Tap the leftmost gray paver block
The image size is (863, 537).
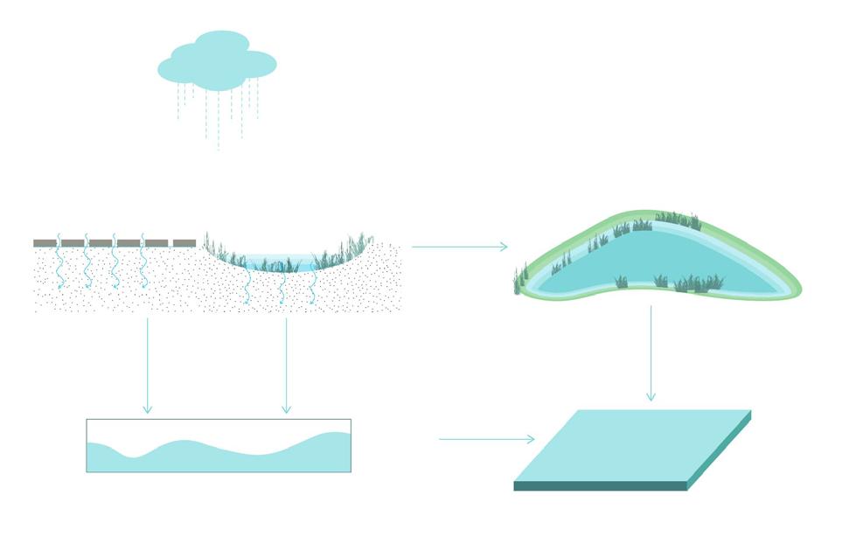click(x=45, y=242)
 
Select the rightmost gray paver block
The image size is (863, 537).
click(x=184, y=242)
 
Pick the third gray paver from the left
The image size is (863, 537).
click(x=101, y=242)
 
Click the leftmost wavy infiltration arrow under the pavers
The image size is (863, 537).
click(x=59, y=262)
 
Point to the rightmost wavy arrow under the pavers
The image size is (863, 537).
click(x=143, y=262)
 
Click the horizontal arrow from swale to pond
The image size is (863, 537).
click(x=458, y=247)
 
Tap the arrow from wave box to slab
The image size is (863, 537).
click(x=486, y=439)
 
